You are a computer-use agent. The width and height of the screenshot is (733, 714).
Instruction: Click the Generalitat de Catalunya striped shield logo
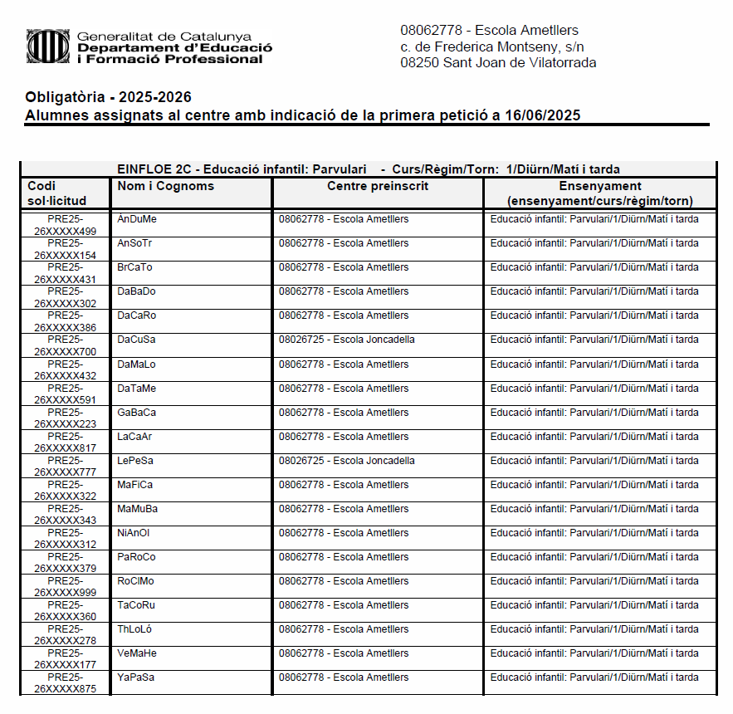click(46, 47)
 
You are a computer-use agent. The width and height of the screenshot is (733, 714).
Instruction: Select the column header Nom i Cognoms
click(166, 186)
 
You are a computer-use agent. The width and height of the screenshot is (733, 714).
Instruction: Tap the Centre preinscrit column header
click(378, 186)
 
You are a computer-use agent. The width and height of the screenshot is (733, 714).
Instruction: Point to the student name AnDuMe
click(137, 219)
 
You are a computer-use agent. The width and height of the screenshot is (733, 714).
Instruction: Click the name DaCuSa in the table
click(137, 340)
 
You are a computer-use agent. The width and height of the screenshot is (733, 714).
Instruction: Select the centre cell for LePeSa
click(347, 461)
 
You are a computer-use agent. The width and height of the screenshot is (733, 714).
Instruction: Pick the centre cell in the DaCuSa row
click(347, 340)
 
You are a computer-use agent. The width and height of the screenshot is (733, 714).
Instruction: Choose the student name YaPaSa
click(136, 677)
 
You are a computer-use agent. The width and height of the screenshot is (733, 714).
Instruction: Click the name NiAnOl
click(134, 533)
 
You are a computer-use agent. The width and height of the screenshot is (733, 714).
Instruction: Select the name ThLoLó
click(134, 629)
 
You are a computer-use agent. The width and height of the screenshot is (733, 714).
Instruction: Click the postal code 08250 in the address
click(420, 62)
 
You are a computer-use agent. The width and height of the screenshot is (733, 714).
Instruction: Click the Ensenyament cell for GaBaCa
click(594, 413)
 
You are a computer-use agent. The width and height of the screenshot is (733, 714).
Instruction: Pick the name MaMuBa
click(138, 509)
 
